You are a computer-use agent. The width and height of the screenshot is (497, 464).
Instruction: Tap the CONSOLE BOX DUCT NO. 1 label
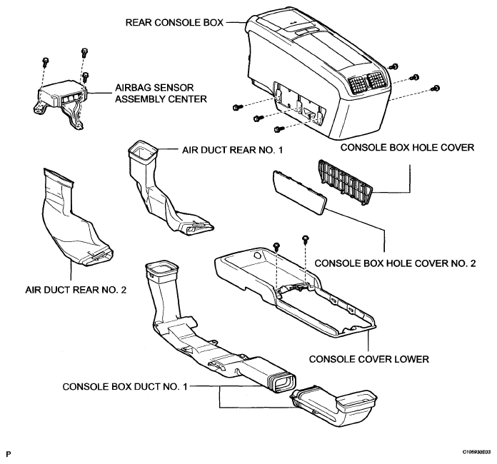click(125, 386)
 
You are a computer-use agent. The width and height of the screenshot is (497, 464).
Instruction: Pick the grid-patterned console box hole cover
click(343, 181)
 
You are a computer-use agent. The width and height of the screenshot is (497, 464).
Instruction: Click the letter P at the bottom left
click(8, 452)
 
